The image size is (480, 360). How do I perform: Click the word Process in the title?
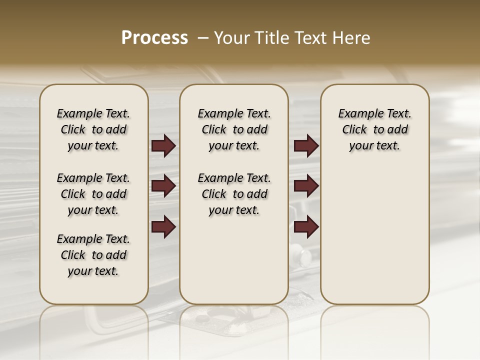[x=154, y=38]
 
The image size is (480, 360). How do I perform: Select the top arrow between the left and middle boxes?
[x=163, y=146]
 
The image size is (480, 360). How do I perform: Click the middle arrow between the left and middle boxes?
[x=163, y=186]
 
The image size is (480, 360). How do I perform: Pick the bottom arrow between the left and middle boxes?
[x=163, y=226]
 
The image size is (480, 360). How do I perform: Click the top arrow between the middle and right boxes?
[x=306, y=146]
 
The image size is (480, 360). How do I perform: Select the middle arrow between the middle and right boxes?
[x=306, y=186]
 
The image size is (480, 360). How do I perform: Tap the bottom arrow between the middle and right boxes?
[x=306, y=226]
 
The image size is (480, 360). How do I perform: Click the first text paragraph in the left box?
[x=93, y=129]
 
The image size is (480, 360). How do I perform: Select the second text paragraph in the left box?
[x=93, y=194]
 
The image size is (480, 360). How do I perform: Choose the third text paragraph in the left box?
[x=93, y=255]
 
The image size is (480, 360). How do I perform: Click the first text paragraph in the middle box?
[x=234, y=129]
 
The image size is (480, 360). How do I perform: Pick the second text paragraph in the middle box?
[x=234, y=194]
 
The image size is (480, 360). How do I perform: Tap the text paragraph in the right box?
[x=375, y=129]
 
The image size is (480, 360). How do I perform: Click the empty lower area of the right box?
[x=375, y=240]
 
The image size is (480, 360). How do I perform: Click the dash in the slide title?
[x=203, y=38]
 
